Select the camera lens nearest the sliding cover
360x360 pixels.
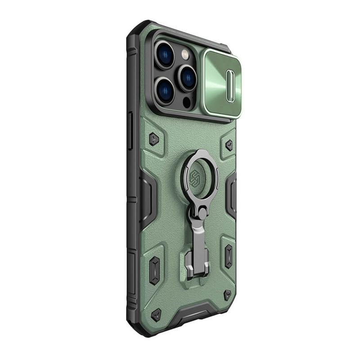pos(186,77)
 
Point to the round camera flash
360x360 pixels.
pos(184,54)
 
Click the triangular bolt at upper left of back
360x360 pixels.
pos(153,139)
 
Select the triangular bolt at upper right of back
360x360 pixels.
pos(229,145)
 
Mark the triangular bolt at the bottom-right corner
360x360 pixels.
pos(228,295)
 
